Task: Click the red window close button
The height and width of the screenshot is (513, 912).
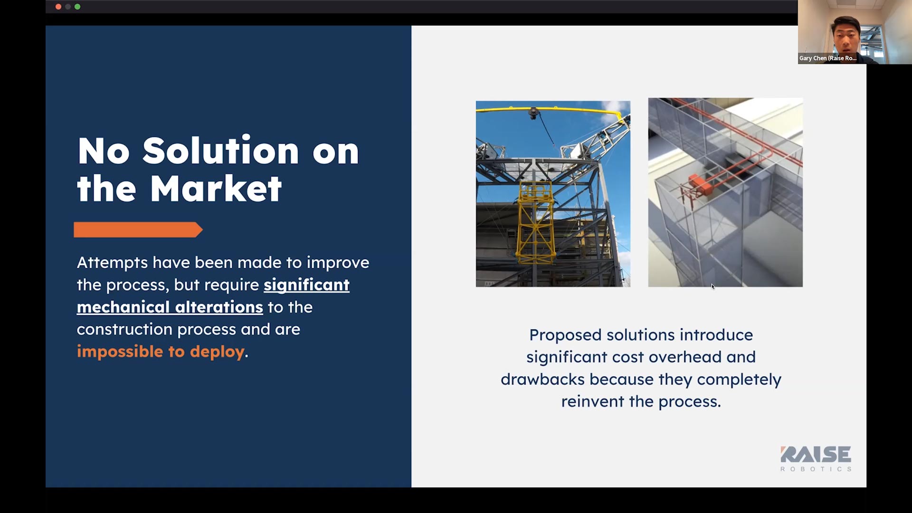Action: click(x=58, y=7)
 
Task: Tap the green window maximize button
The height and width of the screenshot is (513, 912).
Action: click(x=77, y=7)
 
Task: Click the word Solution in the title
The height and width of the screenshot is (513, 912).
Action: click(x=221, y=151)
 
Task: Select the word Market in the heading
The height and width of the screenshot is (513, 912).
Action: click(x=216, y=189)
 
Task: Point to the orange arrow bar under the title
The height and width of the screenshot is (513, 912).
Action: click(x=138, y=230)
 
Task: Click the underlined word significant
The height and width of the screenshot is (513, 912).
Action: click(x=307, y=285)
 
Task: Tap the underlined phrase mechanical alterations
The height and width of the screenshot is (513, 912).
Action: click(x=170, y=307)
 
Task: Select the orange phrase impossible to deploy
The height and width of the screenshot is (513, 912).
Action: click(x=161, y=351)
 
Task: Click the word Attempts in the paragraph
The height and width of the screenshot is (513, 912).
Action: click(x=113, y=263)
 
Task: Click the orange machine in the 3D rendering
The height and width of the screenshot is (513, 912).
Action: click(x=701, y=183)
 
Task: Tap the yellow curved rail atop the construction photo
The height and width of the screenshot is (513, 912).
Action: click(x=551, y=110)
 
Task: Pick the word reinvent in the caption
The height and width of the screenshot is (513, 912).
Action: click(x=593, y=402)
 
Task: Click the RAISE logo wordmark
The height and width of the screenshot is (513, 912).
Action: click(x=816, y=454)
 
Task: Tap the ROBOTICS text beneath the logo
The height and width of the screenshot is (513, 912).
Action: click(x=816, y=469)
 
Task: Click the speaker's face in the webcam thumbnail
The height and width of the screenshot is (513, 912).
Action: click(x=846, y=38)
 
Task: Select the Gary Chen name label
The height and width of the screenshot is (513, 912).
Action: click(x=827, y=58)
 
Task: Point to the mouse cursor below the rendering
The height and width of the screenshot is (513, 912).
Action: click(x=713, y=286)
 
